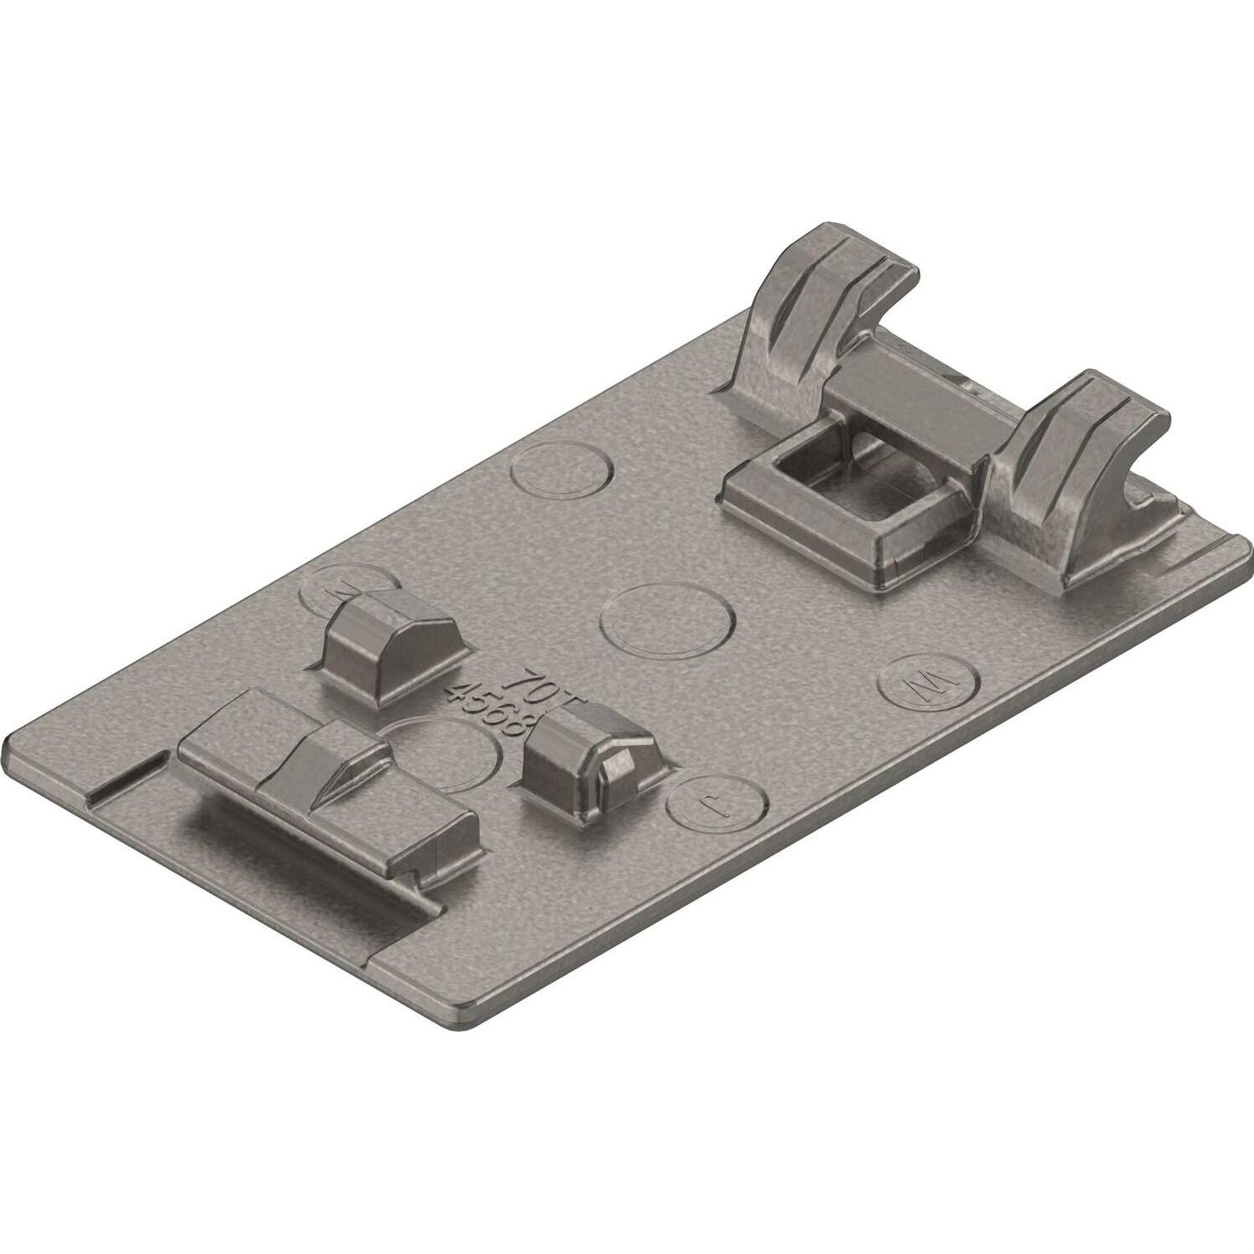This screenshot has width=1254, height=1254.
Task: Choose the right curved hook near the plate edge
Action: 1082,470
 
